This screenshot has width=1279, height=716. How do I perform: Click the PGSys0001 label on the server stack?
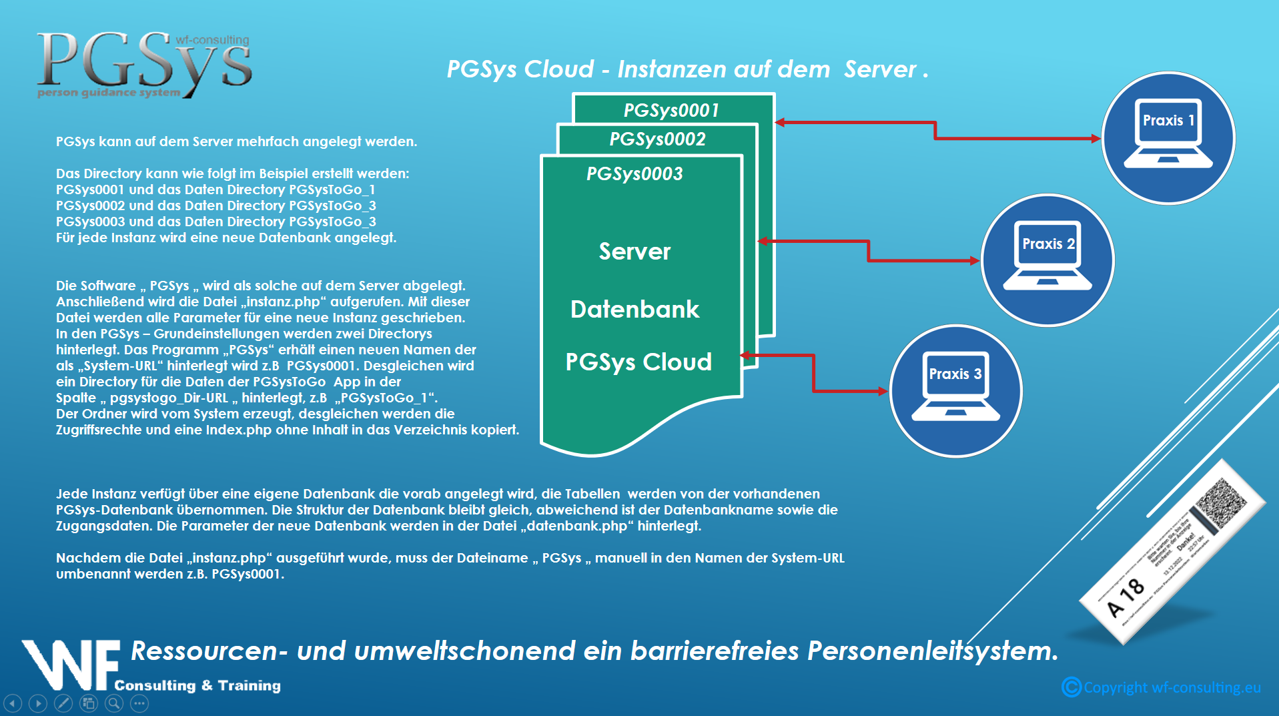[x=671, y=110]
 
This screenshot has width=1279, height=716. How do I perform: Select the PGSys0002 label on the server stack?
[x=657, y=139]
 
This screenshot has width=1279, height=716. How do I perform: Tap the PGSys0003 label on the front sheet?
[x=634, y=173]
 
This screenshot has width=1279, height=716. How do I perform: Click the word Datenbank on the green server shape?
[x=634, y=309]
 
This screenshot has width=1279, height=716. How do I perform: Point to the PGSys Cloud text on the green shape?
[x=638, y=362]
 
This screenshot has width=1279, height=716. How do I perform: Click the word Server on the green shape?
[x=634, y=252]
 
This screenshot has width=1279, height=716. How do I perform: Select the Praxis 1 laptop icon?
[x=1168, y=133]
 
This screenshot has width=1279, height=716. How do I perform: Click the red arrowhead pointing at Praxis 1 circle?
[x=1096, y=139]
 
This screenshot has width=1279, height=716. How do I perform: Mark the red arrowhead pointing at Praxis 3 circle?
[x=883, y=391]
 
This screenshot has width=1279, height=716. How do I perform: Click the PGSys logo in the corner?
[x=144, y=63]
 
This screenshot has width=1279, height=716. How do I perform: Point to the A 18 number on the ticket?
[x=1126, y=597]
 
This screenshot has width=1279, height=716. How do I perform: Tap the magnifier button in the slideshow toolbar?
[x=114, y=703]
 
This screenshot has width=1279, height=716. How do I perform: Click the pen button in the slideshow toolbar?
[x=63, y=703]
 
